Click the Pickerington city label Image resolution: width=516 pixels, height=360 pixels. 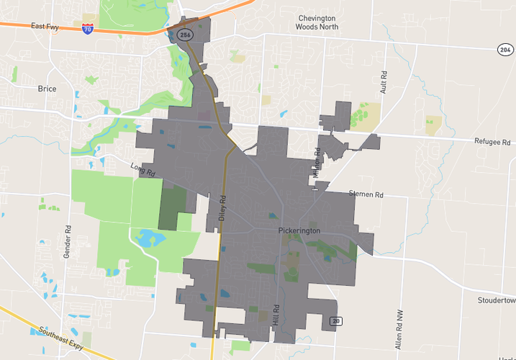299,230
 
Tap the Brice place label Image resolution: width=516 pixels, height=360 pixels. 47,89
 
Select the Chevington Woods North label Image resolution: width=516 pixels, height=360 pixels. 317,22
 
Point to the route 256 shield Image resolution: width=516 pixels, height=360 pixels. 184,33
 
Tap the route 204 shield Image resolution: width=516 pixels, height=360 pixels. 504,49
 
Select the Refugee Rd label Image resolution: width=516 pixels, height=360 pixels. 492,142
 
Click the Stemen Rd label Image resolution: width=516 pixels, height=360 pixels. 366,194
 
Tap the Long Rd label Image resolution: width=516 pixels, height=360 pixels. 142,170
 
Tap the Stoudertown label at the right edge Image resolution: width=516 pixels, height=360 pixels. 497,300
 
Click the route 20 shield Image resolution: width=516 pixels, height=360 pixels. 335,320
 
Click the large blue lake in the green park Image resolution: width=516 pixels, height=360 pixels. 149,237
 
